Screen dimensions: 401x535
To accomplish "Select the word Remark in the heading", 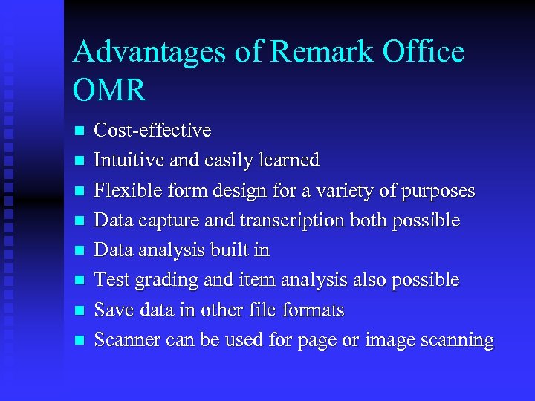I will [x=322, y=53].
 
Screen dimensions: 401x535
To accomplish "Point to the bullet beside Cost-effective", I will [x=80, y=131].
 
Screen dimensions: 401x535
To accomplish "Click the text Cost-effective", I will [x=152, y=131].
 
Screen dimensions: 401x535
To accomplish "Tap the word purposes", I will [x=437, y=191].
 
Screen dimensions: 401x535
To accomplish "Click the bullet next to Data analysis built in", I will [x=80, y=251].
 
